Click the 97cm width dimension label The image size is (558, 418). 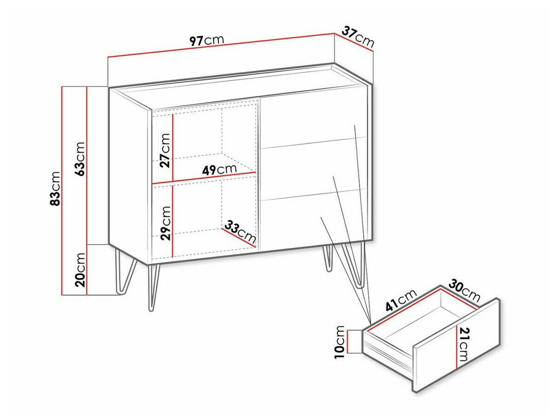tap(206, 40)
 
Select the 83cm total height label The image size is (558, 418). tap(55, 188)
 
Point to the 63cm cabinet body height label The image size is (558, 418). tap(80, 159)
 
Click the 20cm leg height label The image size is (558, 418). tap(80, 270)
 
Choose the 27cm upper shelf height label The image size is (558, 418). tap(165, 151)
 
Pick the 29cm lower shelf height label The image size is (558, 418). tap(165, 223)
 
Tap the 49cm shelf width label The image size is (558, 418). tap(219, 169)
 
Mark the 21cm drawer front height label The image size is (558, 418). tap(463, 344)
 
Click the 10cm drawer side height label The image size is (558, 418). tap(339, 342)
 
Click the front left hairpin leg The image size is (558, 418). tap(153, 287)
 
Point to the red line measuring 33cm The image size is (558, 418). tap(239, 238)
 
